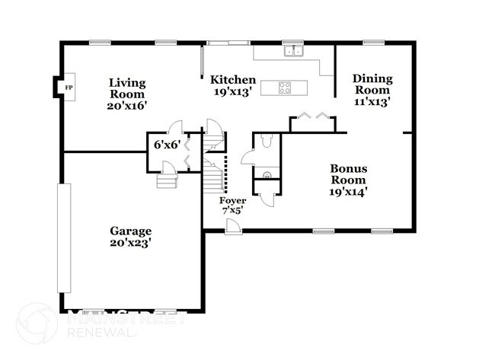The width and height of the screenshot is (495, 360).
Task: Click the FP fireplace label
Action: (69, 88)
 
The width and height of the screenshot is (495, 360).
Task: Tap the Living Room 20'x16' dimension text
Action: (127, 105)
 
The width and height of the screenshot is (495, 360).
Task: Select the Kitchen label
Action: (233, 79)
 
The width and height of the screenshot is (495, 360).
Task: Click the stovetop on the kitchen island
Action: (285, 88)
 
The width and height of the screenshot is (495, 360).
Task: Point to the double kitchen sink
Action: (294, 51)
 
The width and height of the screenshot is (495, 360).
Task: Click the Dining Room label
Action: (372, 84)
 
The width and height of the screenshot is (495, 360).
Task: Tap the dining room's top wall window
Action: (373, 43)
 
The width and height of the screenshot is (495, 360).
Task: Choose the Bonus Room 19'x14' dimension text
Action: (348, 192)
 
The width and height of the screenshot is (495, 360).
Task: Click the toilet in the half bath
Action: (267, 141)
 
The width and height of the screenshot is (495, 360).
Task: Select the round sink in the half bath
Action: (267, 174)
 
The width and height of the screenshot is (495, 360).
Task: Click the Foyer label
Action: (233, 201)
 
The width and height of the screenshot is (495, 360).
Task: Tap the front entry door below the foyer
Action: (233, 227)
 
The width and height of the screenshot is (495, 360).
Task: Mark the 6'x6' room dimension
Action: (167, 145)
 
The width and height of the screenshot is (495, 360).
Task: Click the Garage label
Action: (131, 231)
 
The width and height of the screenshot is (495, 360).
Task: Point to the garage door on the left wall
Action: (64, 238)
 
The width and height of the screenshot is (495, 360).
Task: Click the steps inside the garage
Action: (167, 181)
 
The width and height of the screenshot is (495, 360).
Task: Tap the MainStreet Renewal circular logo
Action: (37, 323)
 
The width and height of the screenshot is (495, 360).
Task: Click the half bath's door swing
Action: (247, 157)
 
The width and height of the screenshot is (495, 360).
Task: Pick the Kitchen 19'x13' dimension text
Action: (233, 92)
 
